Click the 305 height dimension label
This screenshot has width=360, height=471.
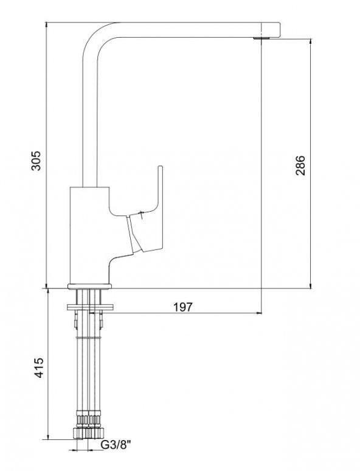(36, 161)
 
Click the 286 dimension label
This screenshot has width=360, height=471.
(300, 165)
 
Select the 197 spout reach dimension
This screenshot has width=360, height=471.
(183, 307)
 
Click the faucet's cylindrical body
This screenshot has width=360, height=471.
(89, 235)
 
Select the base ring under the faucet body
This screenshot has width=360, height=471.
(89, 286)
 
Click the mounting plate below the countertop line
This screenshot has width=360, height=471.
(90, 307)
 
